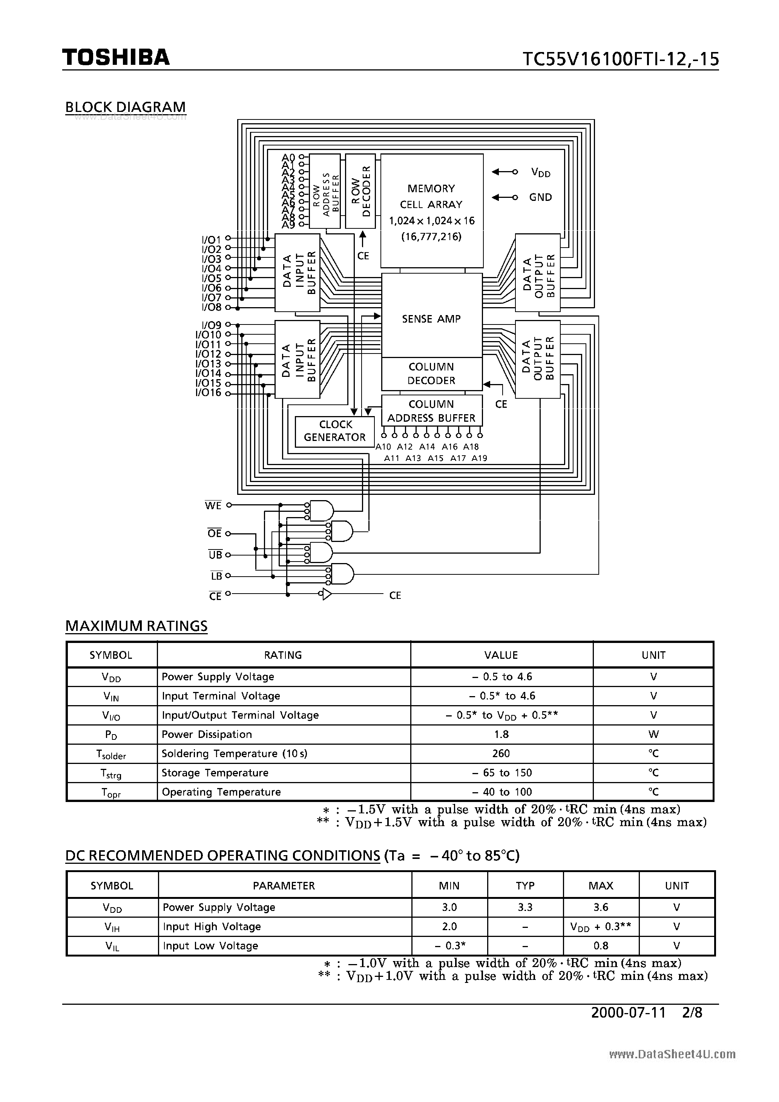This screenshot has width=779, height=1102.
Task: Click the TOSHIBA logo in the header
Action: pyautogui.click(x=116, y=57)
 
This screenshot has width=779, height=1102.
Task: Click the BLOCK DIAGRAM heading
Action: pyautogui.click(x=125, y=107)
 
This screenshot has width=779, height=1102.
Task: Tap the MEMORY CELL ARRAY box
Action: pyautogui.click(x=431, y=211)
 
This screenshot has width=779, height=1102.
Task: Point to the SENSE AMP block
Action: pyautogui.click(x=431, y=319)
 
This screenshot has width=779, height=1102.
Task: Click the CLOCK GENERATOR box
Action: pyautogui.click(x=335, y=431)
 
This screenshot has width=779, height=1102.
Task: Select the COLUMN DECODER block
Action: pyautogui.click(x=431, y=373)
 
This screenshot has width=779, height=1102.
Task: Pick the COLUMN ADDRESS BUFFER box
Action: pyautogui.click(x=431, y=411)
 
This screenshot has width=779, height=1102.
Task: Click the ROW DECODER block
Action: pyautogui.click(x=360, y=191)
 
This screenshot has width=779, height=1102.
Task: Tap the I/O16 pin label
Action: pyautogui.click(x=208, y=393)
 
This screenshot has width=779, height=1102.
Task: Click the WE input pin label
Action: pyautogui.click(x=213, y=506)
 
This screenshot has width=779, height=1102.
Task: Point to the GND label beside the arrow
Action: pyautogui.click(x=540, y=197)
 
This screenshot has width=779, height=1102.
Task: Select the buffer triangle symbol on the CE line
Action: pyautogui.click(x=327, y=595)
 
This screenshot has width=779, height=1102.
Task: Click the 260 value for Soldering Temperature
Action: pyautogui.click(x=501, y=753)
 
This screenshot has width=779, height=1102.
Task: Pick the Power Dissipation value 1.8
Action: pyautogui.click(x=501, y=734)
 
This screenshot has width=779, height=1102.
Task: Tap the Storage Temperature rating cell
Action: pyautogui.click(x=215, y=773)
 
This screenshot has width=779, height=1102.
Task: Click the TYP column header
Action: pyautogui.click(x=525, y=886)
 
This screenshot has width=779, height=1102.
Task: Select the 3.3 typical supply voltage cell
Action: pyautogui.click(x=525, y=907)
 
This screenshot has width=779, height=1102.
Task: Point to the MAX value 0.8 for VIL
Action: pyautogui.click(x=600, y=946)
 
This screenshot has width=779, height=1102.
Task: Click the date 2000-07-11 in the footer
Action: pyautogui.click(x=628, y=1012)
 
